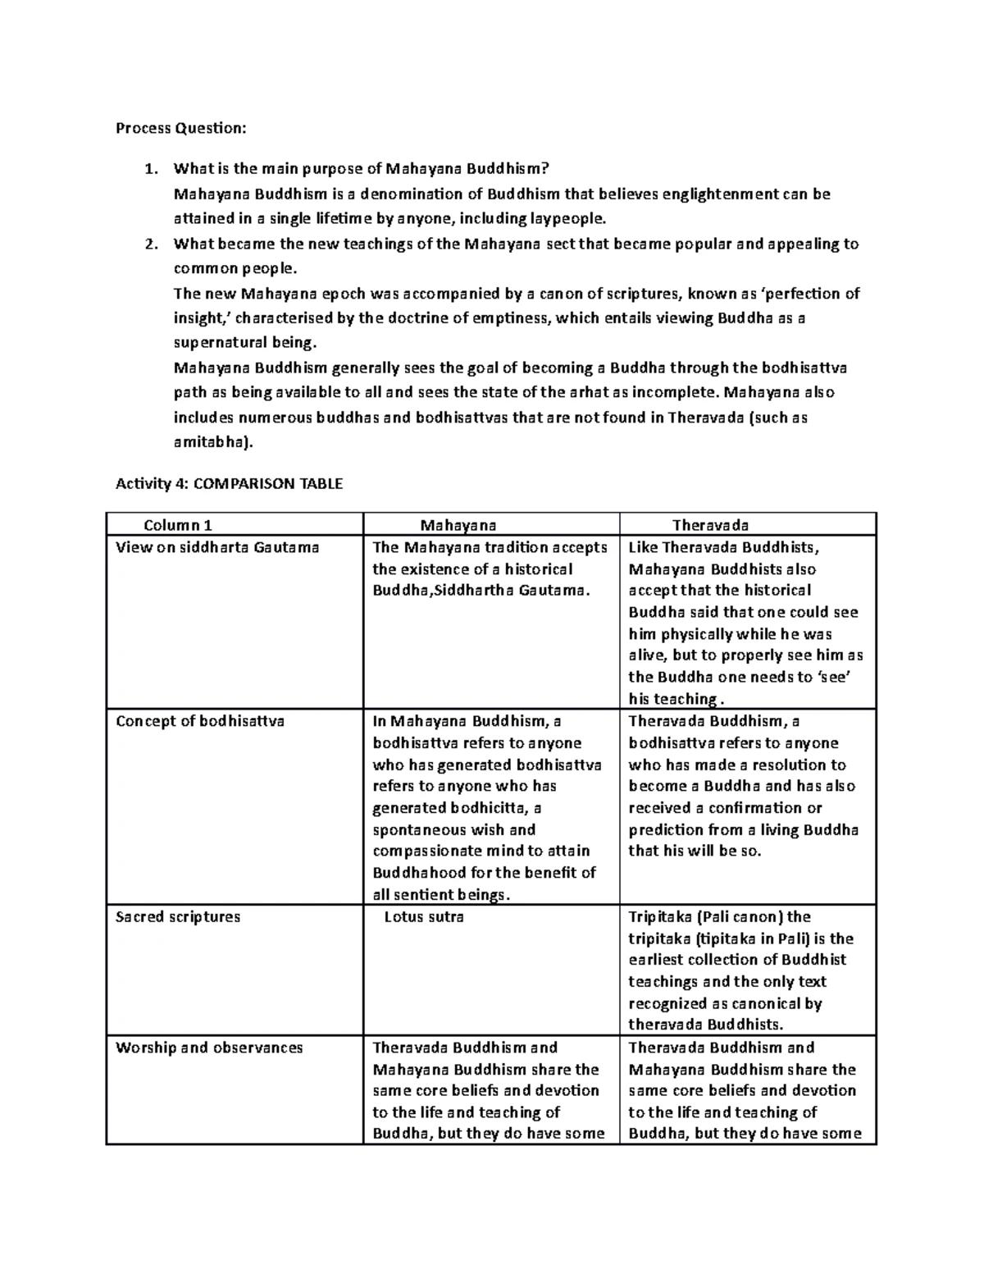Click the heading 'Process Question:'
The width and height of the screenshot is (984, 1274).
(x=180, y=128)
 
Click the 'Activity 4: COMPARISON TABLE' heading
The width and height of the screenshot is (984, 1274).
(x=229, y=483)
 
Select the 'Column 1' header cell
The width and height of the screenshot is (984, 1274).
(x=177, y=525)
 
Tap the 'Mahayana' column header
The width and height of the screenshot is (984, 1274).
(x=458, y=525)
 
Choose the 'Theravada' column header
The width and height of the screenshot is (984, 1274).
(x=710, y=525)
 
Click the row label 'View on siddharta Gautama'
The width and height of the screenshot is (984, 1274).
(x=217, y=547)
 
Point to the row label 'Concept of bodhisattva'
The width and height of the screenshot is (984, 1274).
(x=200, y=721)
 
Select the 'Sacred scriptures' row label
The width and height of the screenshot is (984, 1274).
(x=178, y=916)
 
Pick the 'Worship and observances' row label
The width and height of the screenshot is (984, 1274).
(x=209, y=1048)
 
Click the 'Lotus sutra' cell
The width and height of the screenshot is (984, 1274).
(x=424, y=916)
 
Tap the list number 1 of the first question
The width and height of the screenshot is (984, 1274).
(x=148, y=169)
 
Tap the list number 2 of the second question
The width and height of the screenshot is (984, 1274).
(x=148, y=244)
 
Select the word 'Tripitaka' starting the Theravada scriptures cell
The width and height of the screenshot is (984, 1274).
(x=659, y=916)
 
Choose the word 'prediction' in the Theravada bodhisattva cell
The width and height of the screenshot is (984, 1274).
(x=665, y=829)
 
